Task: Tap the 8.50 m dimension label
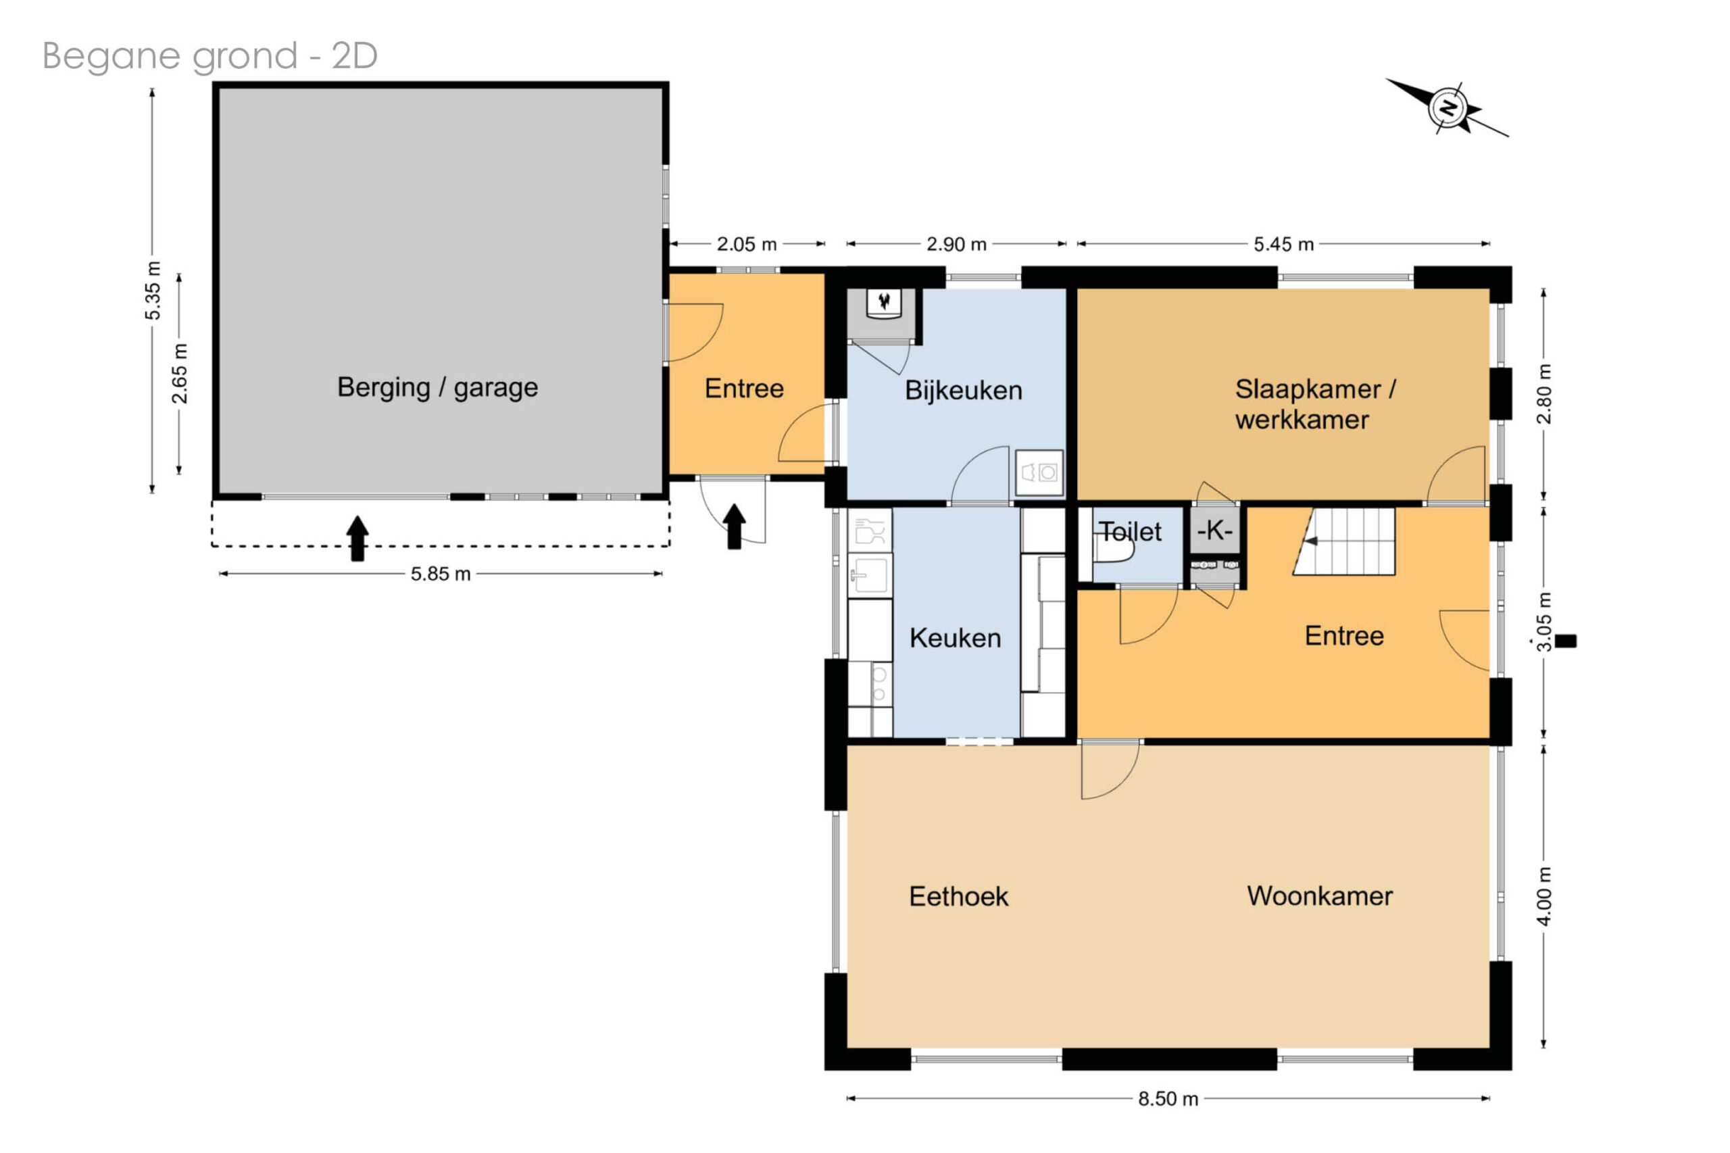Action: coord(1168,1100)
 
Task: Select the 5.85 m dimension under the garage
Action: coord(441,574)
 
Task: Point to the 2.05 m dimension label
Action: coord(747,244)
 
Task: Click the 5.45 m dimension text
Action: coord(1284,244)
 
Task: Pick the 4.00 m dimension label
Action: coord(1544,896)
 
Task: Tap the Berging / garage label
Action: coord(437,387)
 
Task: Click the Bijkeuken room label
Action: coord(963,391)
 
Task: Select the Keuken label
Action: coord(955,638)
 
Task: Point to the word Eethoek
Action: coord(959,896)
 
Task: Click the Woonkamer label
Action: coord(1320,896)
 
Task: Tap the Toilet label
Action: coord(1130,532)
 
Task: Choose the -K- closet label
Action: coord(1214,530)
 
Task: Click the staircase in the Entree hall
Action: coord(1345,541)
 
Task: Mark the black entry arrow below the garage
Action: coord(357,538)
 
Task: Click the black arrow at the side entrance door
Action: coord(734,526)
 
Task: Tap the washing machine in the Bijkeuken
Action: coord(1039,473)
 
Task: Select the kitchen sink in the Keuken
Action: coord(870,574)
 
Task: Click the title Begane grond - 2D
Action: coord(210,56)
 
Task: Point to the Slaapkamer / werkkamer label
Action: coord(1314,404)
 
